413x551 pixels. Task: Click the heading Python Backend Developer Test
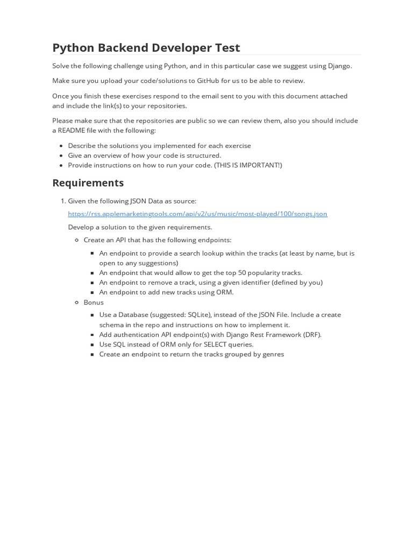click(146, 47)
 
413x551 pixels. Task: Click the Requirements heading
click(88, 182)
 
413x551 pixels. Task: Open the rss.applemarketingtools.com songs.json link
click(197, 214)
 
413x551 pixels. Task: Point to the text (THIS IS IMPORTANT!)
click(248, 165)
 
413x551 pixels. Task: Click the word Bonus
click(94, 302)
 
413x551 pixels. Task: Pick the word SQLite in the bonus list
click(200, 315)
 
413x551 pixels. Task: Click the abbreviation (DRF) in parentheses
click(312, 335)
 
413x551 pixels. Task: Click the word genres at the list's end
click(273, 354)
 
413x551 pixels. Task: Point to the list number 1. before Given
click(62, 201)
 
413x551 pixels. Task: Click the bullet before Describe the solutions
click(62, 146)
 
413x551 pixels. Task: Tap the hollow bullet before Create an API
click(77, 240)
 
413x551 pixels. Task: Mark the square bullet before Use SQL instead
click(93, 344)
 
